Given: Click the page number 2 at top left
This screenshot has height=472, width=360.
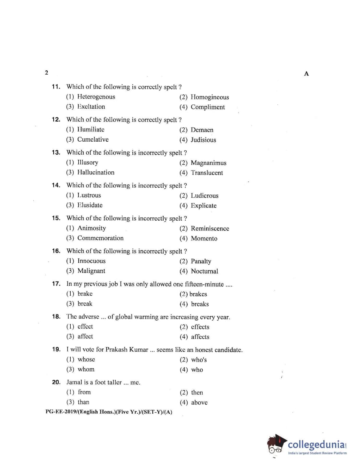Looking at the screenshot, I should tap(46, 72).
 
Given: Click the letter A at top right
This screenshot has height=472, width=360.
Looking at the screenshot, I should tap(306, 74).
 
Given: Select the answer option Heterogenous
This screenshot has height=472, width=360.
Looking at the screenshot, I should tap(96, 97).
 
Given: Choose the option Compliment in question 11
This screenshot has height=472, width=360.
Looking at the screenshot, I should tap(208, 107).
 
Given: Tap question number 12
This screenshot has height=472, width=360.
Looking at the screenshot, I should tap(56, 120).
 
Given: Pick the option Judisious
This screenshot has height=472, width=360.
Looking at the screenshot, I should tap(203, 140).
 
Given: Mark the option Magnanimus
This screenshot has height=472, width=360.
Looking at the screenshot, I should tap(208, 163).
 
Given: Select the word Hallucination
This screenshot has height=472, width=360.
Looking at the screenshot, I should tap(96, 172).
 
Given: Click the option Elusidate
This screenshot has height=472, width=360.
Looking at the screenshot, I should tap(90, 205).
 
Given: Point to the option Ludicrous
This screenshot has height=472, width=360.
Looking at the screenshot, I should tap(204, 196).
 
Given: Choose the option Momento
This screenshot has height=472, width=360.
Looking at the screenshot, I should tap(204, 238).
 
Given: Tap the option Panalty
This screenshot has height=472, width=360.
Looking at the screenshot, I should tap(201, 261).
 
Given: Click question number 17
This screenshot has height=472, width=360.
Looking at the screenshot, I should tap(56, 284).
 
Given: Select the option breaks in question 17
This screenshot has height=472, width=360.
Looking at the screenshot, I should tap(200, 304).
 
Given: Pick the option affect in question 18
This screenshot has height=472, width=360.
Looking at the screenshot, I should tap(85, 336).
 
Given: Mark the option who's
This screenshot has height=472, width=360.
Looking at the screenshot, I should tap(199, 360).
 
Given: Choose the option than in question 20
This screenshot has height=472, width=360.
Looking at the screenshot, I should tap(83, 402).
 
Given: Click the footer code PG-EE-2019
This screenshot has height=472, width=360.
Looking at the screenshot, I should tap(61, 412).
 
